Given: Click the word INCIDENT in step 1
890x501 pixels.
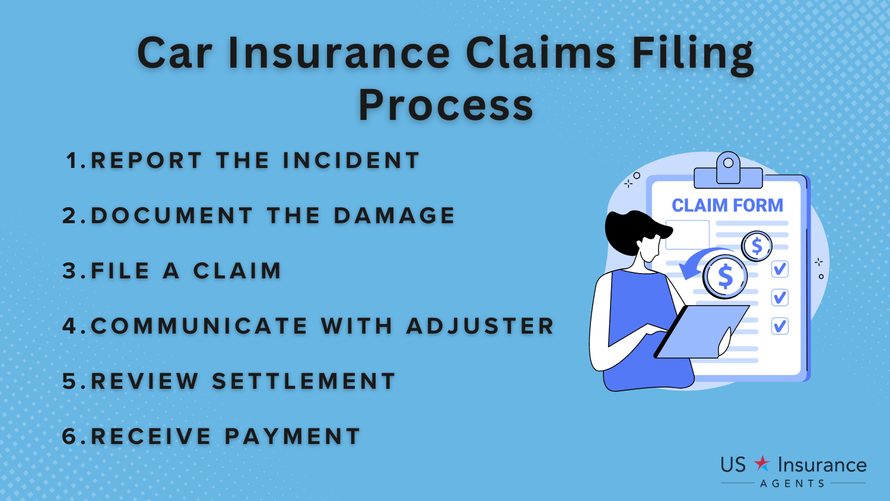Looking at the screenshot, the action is (x=351, y=160).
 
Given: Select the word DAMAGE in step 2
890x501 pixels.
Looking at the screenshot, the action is (x=394, y=215).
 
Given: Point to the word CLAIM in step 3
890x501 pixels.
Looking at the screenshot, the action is (x=237, y=271).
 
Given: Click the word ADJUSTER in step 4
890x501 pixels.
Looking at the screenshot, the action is (x=480, y=326).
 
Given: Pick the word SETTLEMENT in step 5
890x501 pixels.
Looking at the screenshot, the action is (x=304, y=381).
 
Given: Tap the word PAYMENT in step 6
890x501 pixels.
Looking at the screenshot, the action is (x=293, y=436).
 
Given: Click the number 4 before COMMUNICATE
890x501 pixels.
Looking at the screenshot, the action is (x=70, y=326).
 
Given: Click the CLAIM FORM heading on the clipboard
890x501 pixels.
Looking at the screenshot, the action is (x=727, y=205).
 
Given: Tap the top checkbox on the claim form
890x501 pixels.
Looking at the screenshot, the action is (x=780, y=269).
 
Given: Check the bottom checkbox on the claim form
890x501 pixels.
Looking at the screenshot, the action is (x=780, y=326).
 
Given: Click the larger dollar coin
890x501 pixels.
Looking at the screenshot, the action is (x=725, y=277).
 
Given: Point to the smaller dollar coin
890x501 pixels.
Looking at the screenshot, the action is (x=757, y=246).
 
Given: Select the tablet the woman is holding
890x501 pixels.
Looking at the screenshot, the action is (x=701, y=332).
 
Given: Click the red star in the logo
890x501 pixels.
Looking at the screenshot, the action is (x=762, y=464).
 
